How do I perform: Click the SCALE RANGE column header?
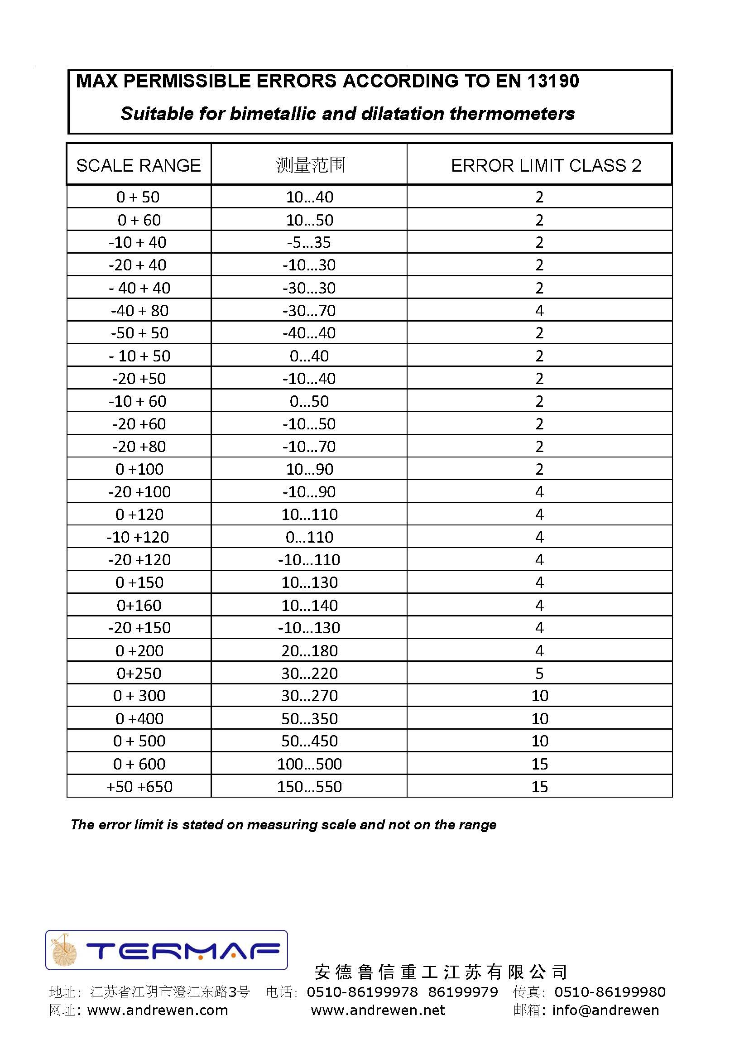click(x=139, y=165)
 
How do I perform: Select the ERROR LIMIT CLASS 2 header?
click(x=546, y=165)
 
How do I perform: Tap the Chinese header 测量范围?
click(x=310, y=165)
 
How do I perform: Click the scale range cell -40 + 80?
click(x=139, y=310)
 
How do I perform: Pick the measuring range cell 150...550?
click(x=309, y=786)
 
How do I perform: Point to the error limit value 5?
click(x=539, y=674)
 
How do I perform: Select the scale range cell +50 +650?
click(x=139, y=786)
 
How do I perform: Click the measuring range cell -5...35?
click(x=308, y=242)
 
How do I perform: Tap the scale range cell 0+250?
click(x=139, y=674)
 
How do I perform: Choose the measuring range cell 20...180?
click(x=309, y=651)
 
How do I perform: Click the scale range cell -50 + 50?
click(x=139, y=333)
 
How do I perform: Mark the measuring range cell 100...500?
click(x=309, y=764)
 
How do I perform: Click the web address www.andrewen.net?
click(x=378, y=1010)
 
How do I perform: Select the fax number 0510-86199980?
click(x=610, y=992)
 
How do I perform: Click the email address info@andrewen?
click(x=605, y=1010)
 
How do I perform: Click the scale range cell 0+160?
click(x=139, y=605)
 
